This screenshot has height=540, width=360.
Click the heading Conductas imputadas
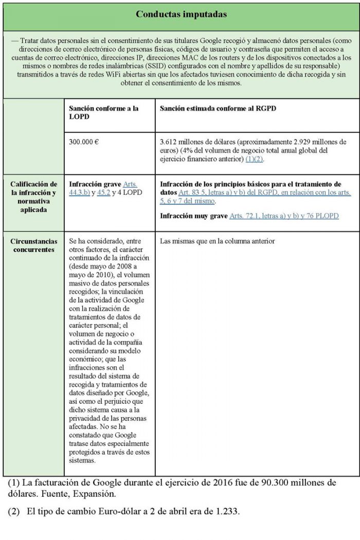coord(181,14)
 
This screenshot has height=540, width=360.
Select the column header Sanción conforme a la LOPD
coord(103,113)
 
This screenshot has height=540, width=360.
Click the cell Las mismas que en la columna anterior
coord(218,241)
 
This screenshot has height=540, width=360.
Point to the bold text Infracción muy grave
coord(193,216)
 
